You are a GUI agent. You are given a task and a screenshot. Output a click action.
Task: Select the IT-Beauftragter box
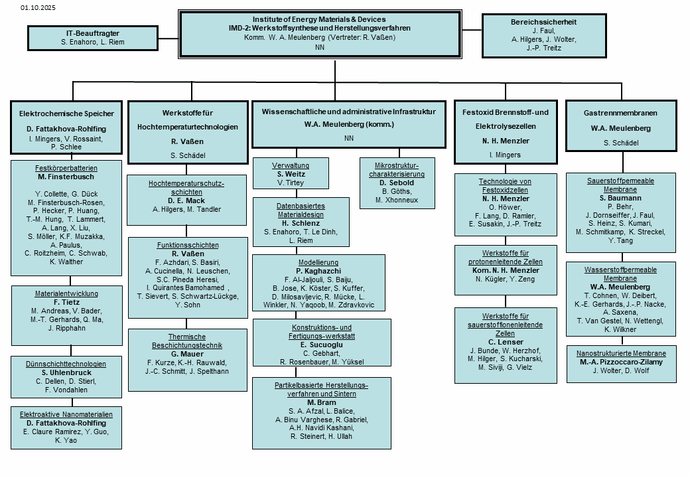[x=92, y=37]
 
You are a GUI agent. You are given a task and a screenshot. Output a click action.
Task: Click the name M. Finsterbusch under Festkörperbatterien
[x=66, y=177]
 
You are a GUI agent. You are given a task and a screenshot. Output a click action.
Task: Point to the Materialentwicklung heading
[x=66, y=293]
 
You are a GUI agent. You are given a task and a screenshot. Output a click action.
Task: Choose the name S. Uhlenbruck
[x=66, y=372]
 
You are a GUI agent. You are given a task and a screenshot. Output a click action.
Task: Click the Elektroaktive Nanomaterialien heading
[x=66, y=414]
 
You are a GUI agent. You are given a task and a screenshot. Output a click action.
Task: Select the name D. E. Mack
[x=186, y=200]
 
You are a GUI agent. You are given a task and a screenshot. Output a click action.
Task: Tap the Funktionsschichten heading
[x=186, y=245]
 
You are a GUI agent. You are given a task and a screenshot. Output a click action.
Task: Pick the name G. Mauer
[x=186, y=354]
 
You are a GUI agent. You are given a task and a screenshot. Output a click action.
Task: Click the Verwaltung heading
[x=291, y=165]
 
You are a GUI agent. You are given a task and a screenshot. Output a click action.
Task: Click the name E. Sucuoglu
[x=322, y=345]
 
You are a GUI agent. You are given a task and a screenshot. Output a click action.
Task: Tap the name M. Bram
[x=321, y=402]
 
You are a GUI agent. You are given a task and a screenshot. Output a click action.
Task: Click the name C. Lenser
[x=506, y=342]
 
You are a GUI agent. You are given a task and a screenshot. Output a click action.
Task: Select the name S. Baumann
[x=621, y=197]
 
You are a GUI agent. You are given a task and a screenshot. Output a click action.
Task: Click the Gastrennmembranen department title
[x=621, y=114]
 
